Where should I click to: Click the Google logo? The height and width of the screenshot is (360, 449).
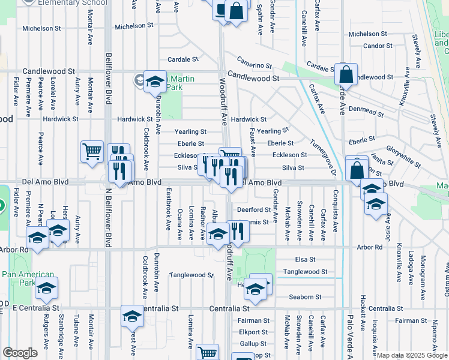[20, 353]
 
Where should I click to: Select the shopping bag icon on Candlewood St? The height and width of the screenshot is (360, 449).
[346, 74]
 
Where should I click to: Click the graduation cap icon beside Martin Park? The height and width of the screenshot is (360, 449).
[155, 82]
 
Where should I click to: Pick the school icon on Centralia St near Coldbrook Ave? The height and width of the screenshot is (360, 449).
[132, 316]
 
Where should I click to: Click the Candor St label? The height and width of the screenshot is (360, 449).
[378, 46]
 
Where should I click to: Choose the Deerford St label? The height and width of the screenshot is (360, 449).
[253, 210]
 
